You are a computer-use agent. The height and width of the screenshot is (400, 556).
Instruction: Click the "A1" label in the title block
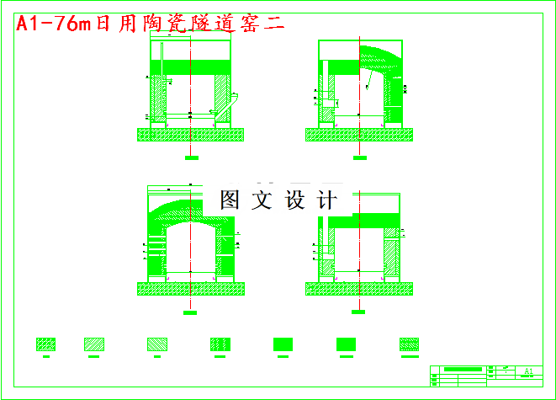click(x=528, y=371)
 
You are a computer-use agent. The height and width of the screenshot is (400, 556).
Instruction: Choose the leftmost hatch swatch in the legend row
click(x=46, y=344)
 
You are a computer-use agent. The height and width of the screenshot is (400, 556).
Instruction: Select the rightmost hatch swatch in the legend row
click(x=410, y=344)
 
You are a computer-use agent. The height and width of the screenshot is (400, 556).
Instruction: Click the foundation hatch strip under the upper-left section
click(x=191, y=134)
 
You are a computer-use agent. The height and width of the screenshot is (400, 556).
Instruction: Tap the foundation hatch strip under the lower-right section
click(x=360, y=289)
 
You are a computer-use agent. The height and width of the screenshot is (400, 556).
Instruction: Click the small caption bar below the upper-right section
click(x=359, y=157)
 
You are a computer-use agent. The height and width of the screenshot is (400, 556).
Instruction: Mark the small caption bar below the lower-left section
click(x=191, y=312)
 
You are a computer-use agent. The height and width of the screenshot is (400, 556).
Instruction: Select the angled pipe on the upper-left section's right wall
click(x=236, y=99)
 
